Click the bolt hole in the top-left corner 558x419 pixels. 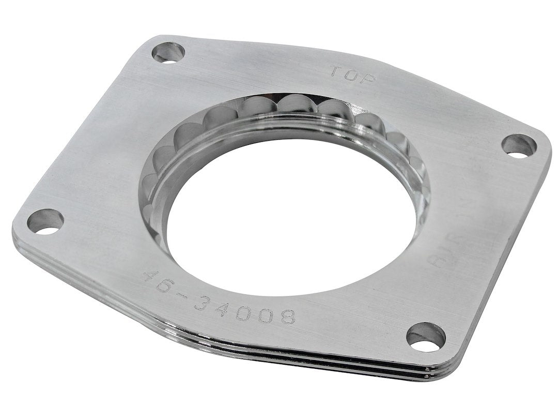pos(168,52)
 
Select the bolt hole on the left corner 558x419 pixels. pos(45,221)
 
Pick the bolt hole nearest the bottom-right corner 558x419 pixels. pos(426,337)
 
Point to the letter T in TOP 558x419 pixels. pos(336,71)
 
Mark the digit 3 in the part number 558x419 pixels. pos(203,300)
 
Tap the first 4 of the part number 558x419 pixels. pos(151,276)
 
